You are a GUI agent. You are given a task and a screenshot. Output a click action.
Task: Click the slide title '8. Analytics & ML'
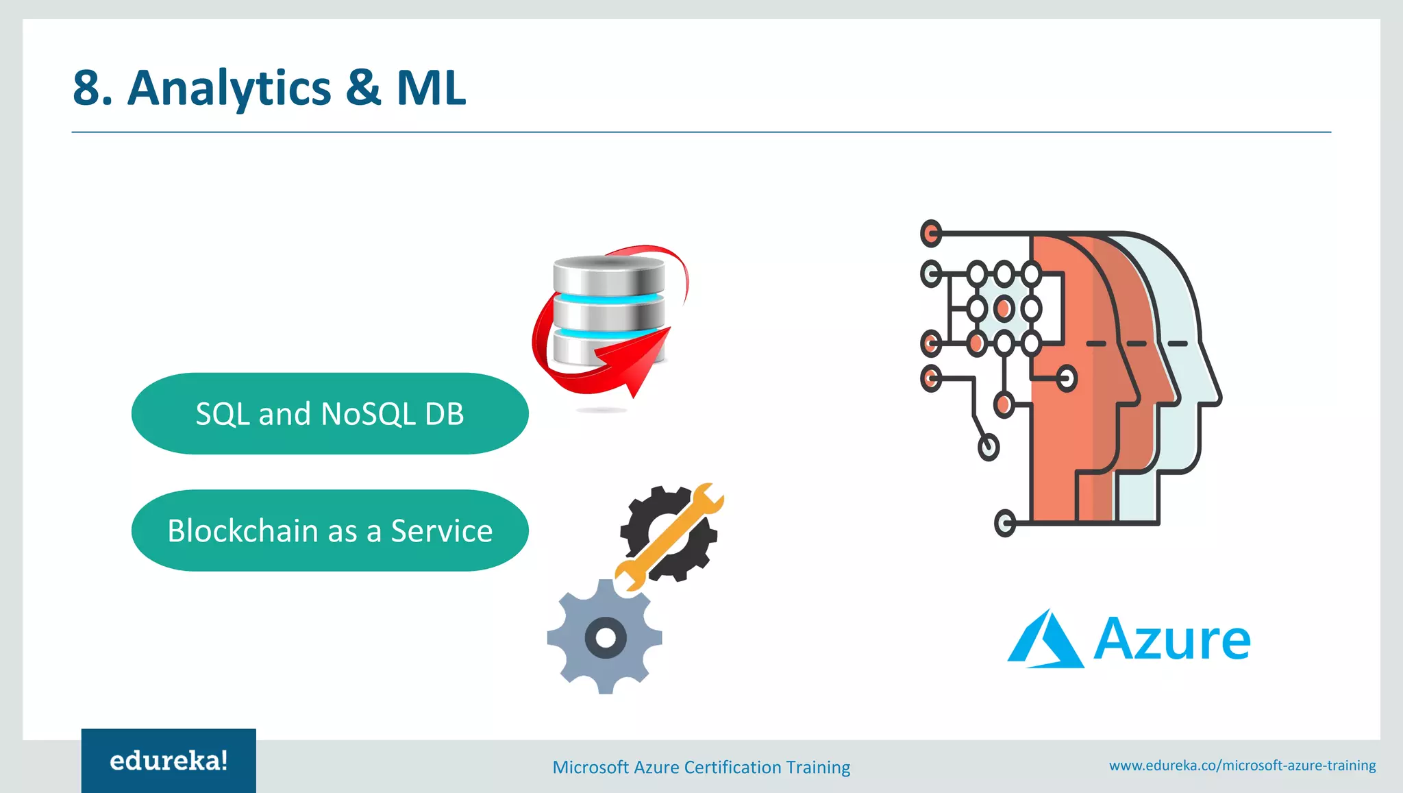[269, 88]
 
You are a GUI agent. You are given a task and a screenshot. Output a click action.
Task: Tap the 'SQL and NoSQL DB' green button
[330, 413]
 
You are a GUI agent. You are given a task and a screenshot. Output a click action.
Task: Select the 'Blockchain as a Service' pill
[330, 530]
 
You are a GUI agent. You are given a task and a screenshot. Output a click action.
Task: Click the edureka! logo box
[169, 761]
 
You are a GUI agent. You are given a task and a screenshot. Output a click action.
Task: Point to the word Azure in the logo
[1171, 640]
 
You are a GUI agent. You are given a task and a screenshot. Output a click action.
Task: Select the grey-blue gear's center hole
[605, 638]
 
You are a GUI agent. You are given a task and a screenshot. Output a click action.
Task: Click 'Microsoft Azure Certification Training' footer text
[701, 767]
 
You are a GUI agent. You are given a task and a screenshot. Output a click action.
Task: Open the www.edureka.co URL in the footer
[1242, 765]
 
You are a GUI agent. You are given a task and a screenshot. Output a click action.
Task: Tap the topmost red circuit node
[931, 234]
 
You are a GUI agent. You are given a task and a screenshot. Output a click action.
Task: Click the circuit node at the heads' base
[1004, 524]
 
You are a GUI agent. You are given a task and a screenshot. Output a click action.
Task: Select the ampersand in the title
[363, 88]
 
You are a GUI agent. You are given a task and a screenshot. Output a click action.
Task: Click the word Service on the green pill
[441, 531]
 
